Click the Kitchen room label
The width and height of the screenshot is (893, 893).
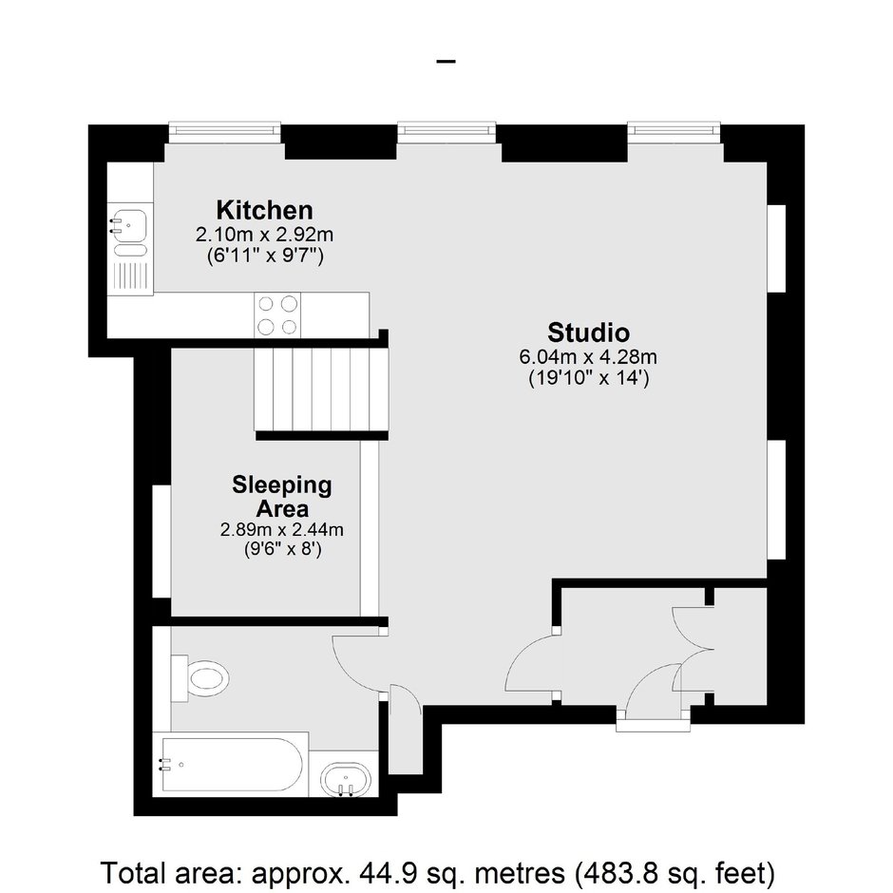pyautogui.click(x=264, y=210)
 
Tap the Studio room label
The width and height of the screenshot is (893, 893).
pyautogui.click(x=588, y=332)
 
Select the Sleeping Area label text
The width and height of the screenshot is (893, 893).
pyautogui.click(x=282, y=496)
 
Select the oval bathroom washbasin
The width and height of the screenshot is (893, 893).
pyautogui.click(x=345, y=779)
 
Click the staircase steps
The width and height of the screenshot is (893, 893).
pyautogui.click(x=321, y=389)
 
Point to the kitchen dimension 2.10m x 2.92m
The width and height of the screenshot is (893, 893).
pyautogui.click(x=264, y=235)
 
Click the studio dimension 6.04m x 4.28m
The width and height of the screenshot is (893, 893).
pyautogui.click(x=588, y=357)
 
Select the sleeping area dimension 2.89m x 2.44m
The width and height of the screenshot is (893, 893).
pyautogui.click(x=282, y=530)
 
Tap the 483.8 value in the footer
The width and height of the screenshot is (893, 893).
pyautogui.click(x=617, y=872)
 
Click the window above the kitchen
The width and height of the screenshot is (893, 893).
pyautogui.click(x=225, y=132)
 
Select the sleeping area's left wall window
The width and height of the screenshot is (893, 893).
pyautogui.click(x=161, y=541)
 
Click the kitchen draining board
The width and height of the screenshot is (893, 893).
pyautogui.click(x=130, y=276)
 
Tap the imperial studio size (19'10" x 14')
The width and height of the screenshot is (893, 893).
pyautogui.click(x=588, y=378)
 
